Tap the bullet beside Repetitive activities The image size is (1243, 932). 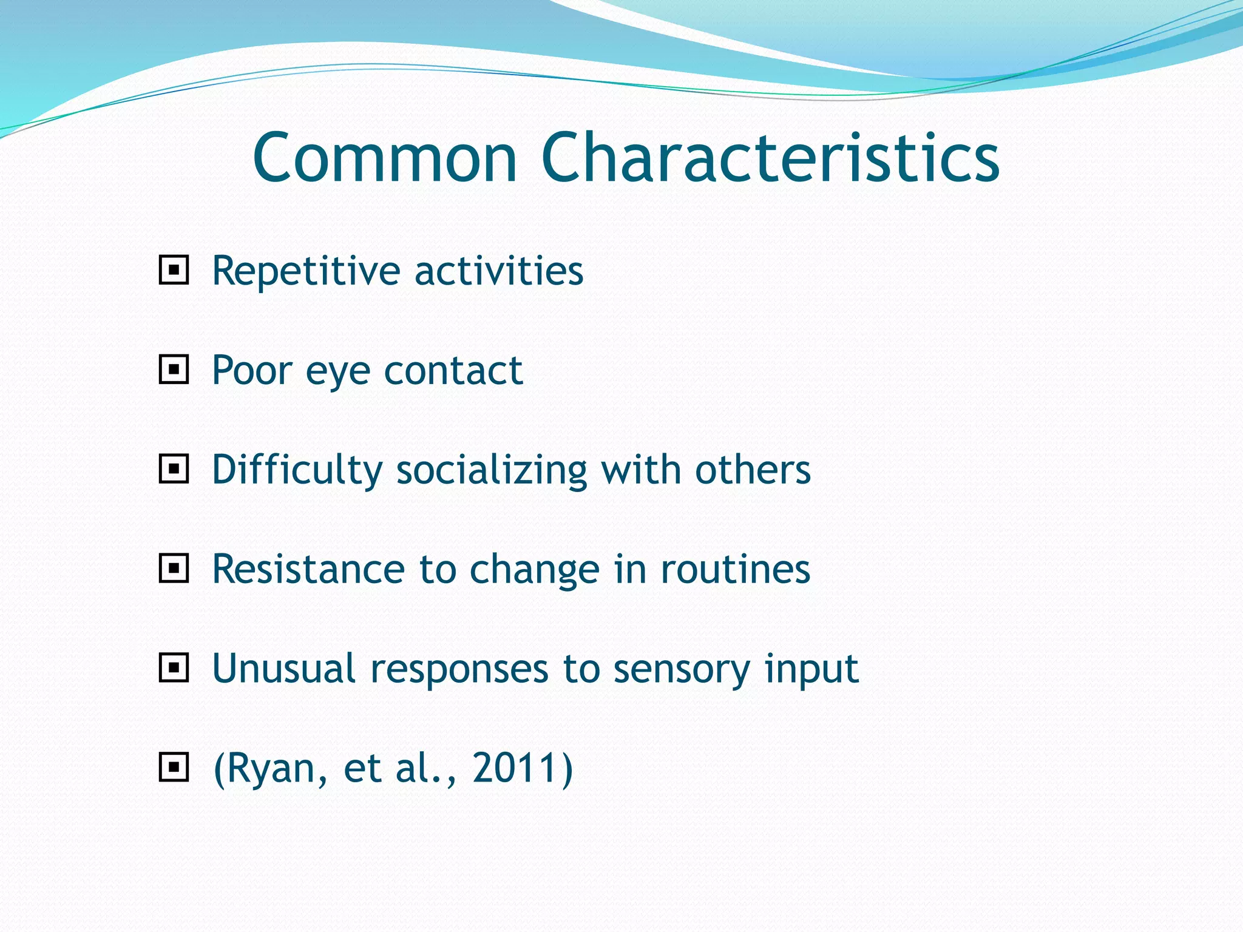[x=174, y=270]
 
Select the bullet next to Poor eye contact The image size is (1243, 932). [x=174, y=370]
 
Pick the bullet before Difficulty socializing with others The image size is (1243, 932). [x=174, y=469]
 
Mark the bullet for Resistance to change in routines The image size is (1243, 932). [x=174, y=569]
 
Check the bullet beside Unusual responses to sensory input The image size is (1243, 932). [x=174, y=668]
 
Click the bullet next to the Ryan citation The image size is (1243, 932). [x=174, y=768]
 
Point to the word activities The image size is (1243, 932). [x=498, y=271]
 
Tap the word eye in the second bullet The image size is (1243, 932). [x=337, y=371]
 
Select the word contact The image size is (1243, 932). [x=453, y=370]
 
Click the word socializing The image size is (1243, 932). [x=492, y=471]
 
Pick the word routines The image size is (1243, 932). [x=735, y=569]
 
